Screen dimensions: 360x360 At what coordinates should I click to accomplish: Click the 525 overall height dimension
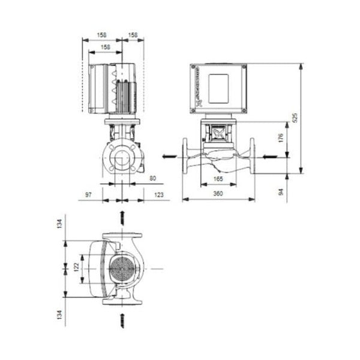click(x=295, y=117)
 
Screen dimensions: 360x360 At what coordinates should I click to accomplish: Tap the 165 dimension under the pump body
click(x=218, y=179)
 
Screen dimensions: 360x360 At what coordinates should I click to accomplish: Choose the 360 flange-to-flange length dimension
click(x=218, y=193)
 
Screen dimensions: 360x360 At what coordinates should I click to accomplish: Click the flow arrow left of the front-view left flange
click(x=170, y=157)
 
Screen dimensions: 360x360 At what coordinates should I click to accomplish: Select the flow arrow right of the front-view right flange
click(x=268, y=157)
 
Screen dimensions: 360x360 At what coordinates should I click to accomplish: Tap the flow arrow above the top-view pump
click(x=123, y=217)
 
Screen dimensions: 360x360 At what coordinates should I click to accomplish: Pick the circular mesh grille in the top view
click(x=124, y=269)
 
